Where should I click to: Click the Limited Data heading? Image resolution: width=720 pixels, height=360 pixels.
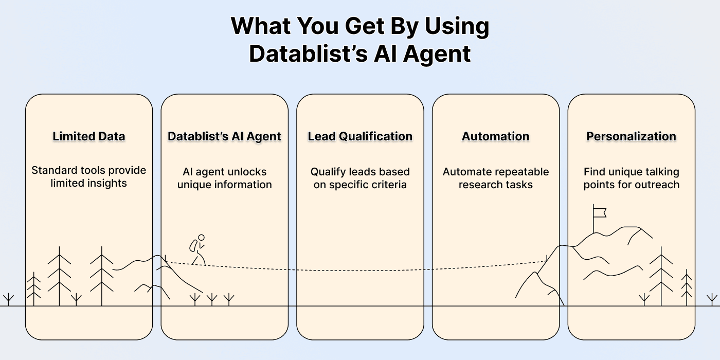[89, 136]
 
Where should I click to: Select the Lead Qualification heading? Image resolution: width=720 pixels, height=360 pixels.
[360, 136]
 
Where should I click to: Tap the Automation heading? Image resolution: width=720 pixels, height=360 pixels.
[496, 136]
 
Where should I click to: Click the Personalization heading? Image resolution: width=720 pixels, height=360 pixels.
[631, 136]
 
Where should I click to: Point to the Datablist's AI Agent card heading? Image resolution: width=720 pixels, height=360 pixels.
[224, 136]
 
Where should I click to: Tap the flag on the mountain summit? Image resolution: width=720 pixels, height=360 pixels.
[600, 212]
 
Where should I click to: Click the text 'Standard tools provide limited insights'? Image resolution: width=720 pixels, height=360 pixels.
[89, 176]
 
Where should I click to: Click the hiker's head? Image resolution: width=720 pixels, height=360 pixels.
[201, 238]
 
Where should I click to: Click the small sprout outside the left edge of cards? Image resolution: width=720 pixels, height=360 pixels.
[8, 299]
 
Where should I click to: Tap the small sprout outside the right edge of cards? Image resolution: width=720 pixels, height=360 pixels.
[712, 299]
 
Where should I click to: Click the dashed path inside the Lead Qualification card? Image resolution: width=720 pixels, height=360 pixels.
[360, 270]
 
